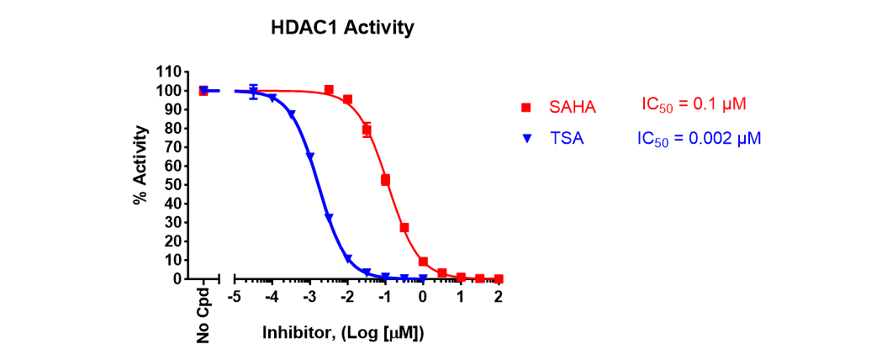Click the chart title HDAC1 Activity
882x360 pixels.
click(x=341, y=28)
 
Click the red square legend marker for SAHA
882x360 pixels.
click(x=526, y=107)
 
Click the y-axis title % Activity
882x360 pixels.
click(x=140, y=166)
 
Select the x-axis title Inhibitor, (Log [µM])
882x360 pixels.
click(x=344, y=333)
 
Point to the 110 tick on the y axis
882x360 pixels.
click(x=171, y=72)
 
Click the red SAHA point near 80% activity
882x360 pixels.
click(x=367, y=130)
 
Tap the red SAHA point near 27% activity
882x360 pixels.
click(x=404, y=227)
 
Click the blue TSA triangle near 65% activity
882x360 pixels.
click(x=309, y=156)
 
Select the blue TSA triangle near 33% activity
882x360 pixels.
click(x=329, y=217)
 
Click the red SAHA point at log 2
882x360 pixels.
click(x=499, y=278)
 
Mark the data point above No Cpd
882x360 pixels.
click(x=203, y=91)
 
